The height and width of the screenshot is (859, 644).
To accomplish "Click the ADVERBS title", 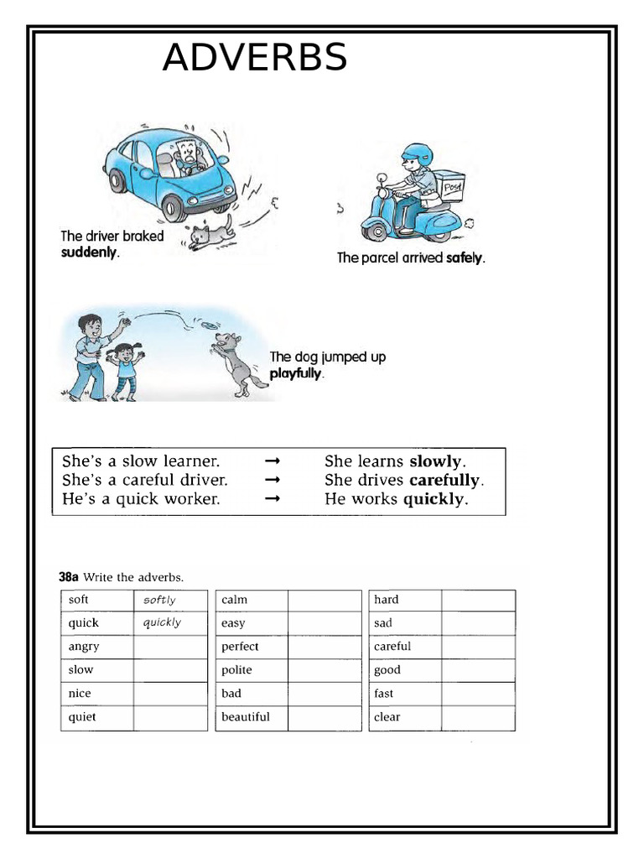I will point(254,58).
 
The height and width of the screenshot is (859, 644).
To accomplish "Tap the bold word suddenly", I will point(90,252).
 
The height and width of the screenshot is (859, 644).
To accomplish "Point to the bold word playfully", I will point(295,373).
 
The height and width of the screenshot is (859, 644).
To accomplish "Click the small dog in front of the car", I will point(210,232).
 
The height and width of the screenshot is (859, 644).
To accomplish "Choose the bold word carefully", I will point(445,481).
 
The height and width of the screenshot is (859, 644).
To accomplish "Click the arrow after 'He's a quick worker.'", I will point(272,499).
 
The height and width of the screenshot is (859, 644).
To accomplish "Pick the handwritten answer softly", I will point(159,600).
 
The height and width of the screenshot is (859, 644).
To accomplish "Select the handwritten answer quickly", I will point(162,622).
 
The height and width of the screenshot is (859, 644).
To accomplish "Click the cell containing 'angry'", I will point(97,647).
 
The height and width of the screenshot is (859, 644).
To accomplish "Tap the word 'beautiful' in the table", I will point(246,717).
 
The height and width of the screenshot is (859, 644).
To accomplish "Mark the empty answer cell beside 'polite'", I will point(324,670).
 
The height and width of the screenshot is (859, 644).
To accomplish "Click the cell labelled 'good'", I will point(406,670).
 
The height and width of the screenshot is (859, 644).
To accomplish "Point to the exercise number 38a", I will point(69,576).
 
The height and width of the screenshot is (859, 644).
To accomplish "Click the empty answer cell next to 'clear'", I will point(478,717).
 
